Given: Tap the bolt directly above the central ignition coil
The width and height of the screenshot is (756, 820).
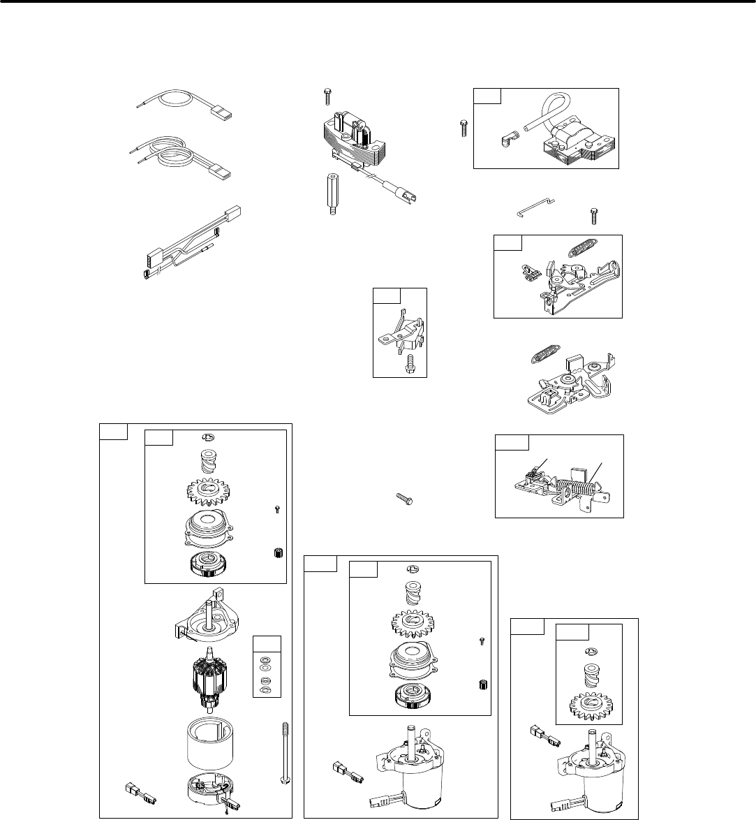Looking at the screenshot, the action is [327, 95].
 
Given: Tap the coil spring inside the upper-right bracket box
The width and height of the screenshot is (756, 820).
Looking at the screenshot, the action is [584, 247].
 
